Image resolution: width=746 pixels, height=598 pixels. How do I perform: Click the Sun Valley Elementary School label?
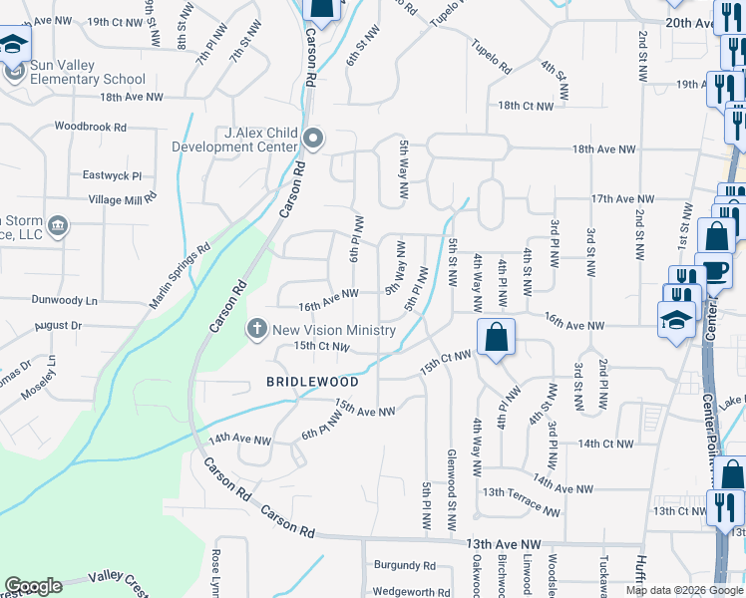coord(88,79)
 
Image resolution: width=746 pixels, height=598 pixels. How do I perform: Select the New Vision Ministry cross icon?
coord(257,329)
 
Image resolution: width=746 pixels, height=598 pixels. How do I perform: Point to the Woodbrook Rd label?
coord(91,128)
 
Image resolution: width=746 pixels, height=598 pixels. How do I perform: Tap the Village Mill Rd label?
coord(123,198)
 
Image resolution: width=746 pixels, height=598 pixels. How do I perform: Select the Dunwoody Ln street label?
coord(64,299)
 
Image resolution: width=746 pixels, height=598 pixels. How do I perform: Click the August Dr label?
coord(58,326)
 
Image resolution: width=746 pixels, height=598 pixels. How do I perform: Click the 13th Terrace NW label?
coord(523,500)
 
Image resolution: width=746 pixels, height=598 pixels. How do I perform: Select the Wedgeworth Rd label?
coord(412,592)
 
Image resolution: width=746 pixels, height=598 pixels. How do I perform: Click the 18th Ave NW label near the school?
coord(131,97)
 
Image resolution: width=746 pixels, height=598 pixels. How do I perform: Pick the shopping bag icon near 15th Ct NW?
coord(496,338)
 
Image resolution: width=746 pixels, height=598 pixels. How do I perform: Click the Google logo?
coord(34,586)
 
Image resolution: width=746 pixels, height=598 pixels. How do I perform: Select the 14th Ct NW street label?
coord(604,444)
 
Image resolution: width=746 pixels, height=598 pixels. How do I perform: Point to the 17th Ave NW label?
coord(622,199)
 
